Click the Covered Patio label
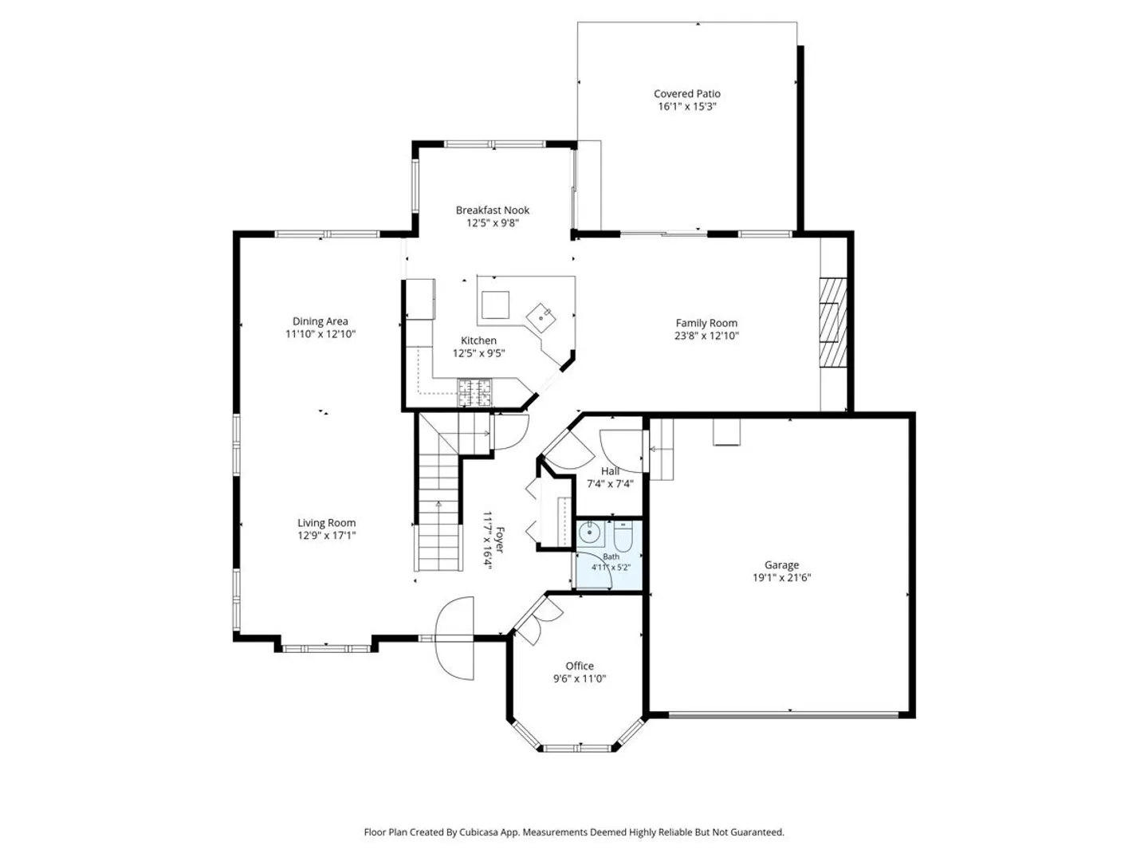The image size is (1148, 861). (x=686, y=93)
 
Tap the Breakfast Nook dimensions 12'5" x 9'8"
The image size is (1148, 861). (x=492, y=223)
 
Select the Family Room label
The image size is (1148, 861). (x=706, y=323)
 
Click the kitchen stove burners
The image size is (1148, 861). (x=475, y=392)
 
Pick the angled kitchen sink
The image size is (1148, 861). (x=541, y=318)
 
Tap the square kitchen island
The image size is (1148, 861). (x=495, y=305)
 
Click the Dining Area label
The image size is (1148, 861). (x=320, y=321)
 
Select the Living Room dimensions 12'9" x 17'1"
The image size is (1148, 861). (x=326, y=535)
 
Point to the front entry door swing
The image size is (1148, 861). (x=454, y=638)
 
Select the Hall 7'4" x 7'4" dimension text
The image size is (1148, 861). (x=610, y=484)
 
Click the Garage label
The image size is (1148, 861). (x=781, y=564)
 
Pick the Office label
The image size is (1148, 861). (x=580, y=666)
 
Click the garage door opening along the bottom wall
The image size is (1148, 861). (x=784, y=714)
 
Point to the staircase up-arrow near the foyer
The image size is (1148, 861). (x=438, y=504)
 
